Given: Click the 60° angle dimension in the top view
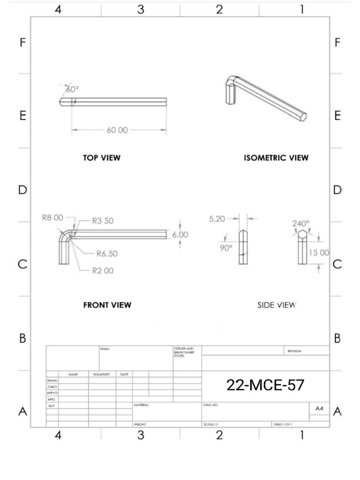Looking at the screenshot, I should tap(72, 89).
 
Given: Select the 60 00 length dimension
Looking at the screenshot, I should tap(117, 130).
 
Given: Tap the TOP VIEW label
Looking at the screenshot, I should tap(102, 158).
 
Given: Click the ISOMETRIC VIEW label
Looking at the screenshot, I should tap(276, 158).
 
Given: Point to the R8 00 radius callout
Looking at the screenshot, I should tap(52, 217).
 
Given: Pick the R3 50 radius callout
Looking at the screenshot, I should tap(102, 221).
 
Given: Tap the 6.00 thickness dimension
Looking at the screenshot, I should tap(180, 235).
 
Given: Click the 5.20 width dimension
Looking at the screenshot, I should tap(217, 218).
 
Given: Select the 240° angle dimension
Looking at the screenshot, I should tap(301, 224).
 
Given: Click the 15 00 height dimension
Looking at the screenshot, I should tap(319, 253).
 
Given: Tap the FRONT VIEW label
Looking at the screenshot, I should tap(107, 305).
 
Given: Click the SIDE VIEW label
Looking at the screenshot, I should tap(276, 305).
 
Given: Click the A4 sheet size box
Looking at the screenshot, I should tap(319, 409).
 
